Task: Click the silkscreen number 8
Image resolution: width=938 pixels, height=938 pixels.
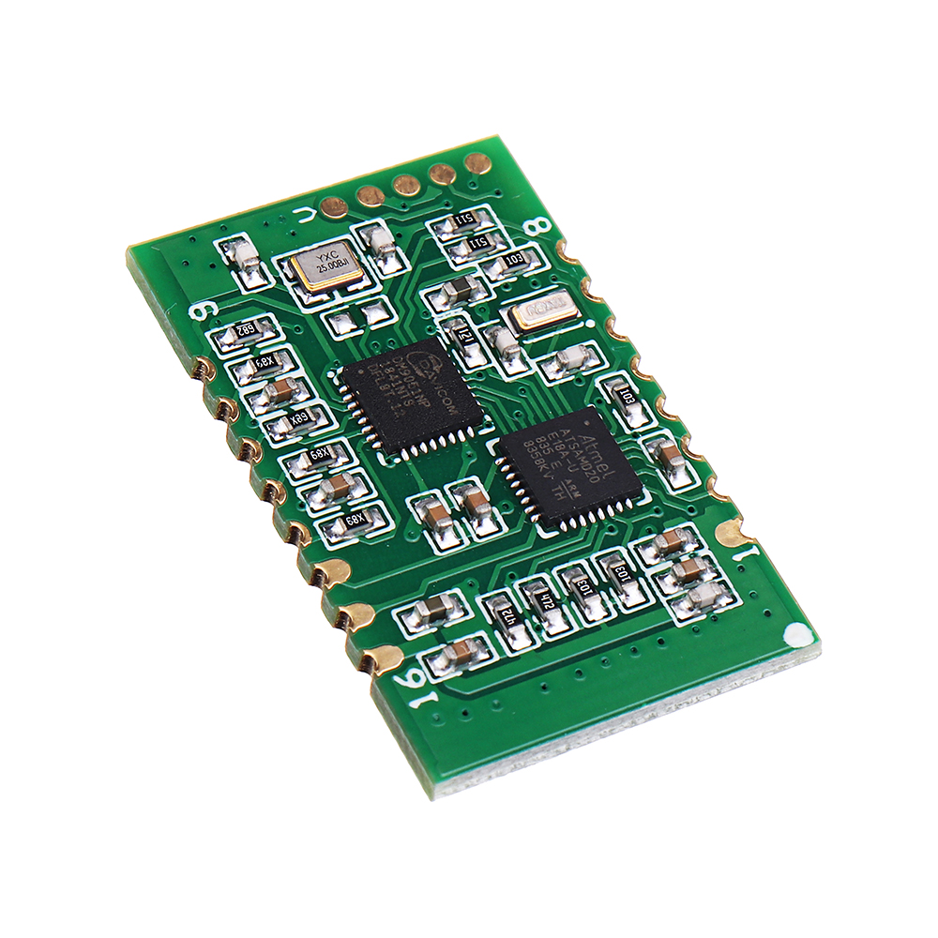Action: (x=540, y=228)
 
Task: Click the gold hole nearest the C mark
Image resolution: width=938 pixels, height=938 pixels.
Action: (x=334, y=205)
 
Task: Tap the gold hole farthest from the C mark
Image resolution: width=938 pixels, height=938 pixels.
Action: (x=477, y=163)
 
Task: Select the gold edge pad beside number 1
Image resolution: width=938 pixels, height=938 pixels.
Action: (x=731, y=534)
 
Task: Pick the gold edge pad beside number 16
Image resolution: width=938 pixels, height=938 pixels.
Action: (x=382, y=658)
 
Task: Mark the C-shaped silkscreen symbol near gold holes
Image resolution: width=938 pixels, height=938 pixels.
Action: (x=304, y=215)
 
